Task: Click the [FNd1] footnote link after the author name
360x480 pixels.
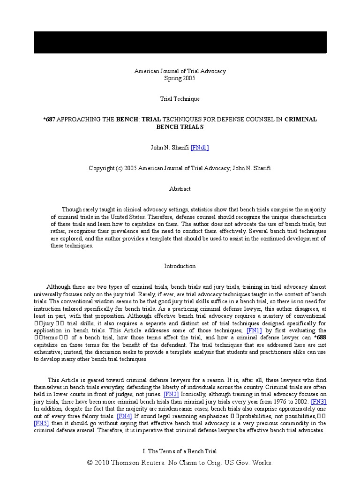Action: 200,148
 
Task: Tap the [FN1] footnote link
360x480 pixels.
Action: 254,330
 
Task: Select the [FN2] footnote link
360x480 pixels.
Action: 171,395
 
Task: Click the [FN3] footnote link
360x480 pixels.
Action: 319,402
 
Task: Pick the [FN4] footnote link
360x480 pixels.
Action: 124,416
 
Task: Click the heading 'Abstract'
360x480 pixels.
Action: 180,189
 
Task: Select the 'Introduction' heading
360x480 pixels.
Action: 180,266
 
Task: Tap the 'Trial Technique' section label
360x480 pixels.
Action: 180,99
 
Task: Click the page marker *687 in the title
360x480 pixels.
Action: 49,120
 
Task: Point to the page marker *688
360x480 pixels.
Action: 320,337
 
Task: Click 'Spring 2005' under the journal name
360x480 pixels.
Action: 180,78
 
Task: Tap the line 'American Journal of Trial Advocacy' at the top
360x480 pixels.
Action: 180,71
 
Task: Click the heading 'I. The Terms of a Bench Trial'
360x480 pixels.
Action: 180,451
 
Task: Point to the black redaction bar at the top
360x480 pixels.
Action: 180,43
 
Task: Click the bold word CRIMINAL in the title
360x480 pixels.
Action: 300,120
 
